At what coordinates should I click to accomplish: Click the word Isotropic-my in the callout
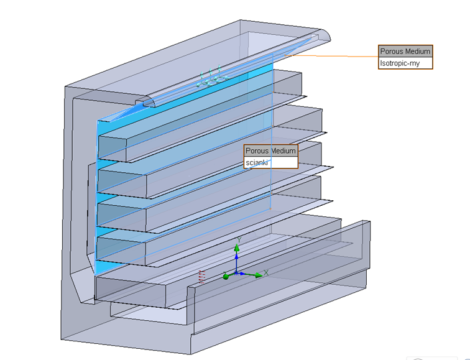click(400, 63)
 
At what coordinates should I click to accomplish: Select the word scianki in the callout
click(257, 163)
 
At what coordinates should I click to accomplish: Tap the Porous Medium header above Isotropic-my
click(405, 52)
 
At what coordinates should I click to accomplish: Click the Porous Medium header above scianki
click(270, 150)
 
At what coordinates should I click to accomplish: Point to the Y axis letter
click(239, 240)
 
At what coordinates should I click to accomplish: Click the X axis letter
click(266, 273)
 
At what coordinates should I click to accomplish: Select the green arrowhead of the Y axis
click(236, 248)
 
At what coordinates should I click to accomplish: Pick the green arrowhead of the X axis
click(258, 275)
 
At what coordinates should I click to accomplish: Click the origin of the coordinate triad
click(236, 274)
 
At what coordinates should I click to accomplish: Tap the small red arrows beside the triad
click(201, 277)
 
